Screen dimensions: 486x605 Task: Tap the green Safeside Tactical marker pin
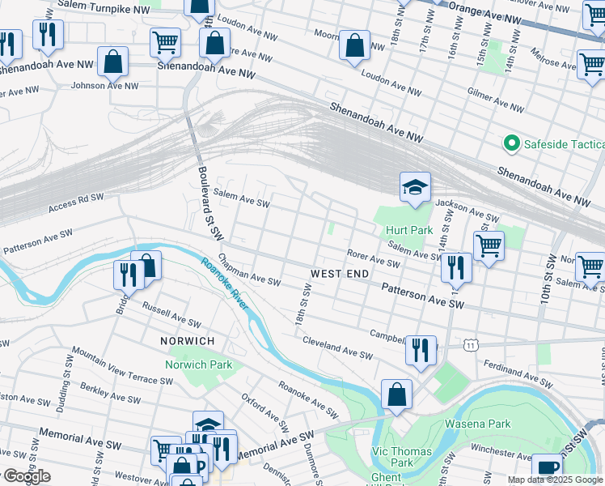(511, 144)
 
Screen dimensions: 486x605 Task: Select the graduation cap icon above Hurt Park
(415, 189)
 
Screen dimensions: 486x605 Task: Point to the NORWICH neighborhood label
(187, 341)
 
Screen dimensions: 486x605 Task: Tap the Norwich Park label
(199, 364)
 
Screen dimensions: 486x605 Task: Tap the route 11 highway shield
(470, 345)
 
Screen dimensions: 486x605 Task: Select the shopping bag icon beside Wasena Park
(396, 395)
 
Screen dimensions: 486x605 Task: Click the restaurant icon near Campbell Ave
(421, 350)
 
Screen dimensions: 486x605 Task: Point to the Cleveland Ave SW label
(337, 349)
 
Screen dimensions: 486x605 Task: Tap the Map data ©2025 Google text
(554, 480)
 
